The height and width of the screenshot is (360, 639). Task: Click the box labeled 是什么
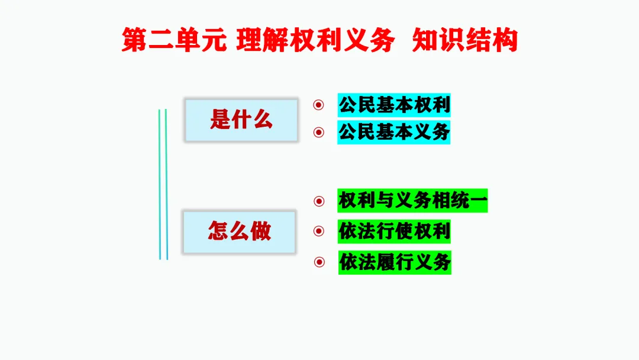[x=241, y=120]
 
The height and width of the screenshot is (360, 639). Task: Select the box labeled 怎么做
[x=239, y=231]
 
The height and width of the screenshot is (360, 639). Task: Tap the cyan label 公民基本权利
[x=394, y=105]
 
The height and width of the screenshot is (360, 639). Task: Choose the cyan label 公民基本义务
[x=394, y=132]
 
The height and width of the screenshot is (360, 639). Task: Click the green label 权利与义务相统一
[x=413, y=201]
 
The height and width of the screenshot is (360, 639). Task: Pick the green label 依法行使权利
[x=394, y=231]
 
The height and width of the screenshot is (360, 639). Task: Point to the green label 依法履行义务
[x=395, y=262]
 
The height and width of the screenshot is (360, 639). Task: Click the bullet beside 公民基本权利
[x=319, y=105]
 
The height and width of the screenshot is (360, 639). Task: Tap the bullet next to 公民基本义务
[x=319, y=132]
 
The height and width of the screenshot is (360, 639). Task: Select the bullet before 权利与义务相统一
[x=319, y=201]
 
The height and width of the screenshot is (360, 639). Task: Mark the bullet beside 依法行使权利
[x=319, y=231]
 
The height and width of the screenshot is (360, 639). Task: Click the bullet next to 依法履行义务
[x=319, y=262]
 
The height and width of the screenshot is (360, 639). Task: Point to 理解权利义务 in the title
[x=315, y=41]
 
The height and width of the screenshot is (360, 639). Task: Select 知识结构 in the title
[x=464, y=41]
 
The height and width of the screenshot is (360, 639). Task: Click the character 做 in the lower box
[x=260, y=231]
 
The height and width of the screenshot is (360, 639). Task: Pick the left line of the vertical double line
[x=160, y=184]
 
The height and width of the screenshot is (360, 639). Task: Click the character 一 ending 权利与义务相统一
[x=479, y=201]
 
